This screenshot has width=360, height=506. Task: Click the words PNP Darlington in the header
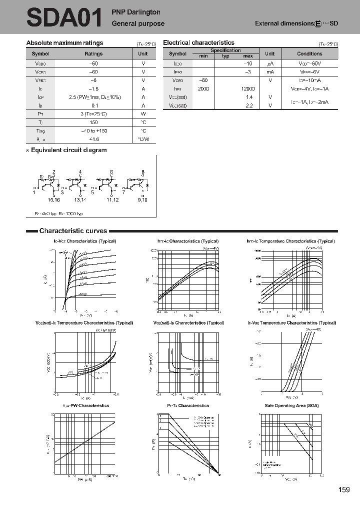point(136,11)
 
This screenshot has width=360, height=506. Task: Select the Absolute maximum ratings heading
point(64,43)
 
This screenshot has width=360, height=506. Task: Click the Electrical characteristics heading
point(198,43)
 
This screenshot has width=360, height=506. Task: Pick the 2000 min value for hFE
point(203,88)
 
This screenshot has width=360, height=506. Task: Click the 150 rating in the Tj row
point(93,122)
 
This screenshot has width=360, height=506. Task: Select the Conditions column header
point(309,53)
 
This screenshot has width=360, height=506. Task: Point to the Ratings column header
point(93,53)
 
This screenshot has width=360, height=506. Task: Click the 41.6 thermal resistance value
point(93,139)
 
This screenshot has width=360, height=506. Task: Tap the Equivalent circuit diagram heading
point(68,150)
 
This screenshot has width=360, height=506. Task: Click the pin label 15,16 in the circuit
point(53,199)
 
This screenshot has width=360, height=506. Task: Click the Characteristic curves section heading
point(73,231)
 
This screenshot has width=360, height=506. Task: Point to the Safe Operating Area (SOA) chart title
point(291,405)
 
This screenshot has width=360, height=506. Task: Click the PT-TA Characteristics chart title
point(187,405)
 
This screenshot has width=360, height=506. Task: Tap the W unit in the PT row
point(143,114)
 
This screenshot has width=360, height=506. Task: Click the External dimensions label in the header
point(284,23)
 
